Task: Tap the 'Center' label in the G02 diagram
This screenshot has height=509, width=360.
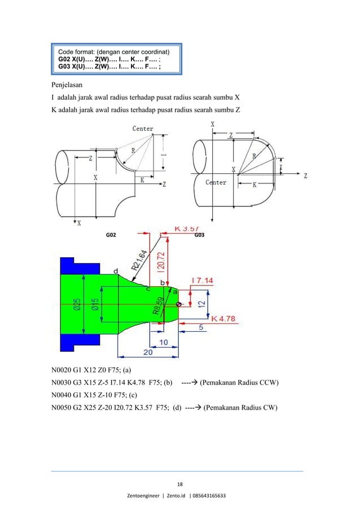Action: point(143,129)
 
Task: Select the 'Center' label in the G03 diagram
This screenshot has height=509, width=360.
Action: point(216,183)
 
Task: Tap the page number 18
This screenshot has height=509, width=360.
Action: point(180,484)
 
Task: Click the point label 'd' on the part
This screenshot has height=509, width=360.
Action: point(116,271)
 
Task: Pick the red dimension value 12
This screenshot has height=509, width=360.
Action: point(202,304)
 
